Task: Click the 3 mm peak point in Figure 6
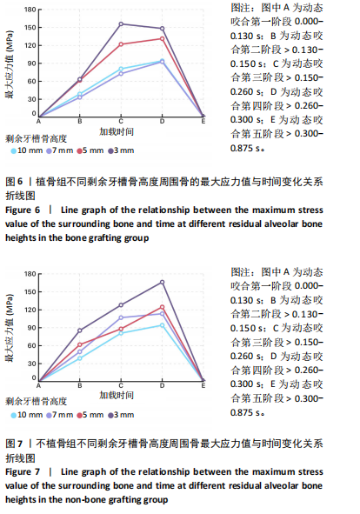pyautogui.click(x=121, y=24)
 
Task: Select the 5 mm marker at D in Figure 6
pyautogui.click(x=162, y=38)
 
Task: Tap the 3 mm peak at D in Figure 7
pyautogui.click(x=162, y=283)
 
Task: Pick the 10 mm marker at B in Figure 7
pyautogui.click(x=80, y=358)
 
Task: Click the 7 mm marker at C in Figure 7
pyautogui.click(x=121, y=317)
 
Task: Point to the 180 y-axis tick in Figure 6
pyautogui.click(x=30, y=10)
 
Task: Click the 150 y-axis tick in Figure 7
pyautogui.click(x=30, y=291)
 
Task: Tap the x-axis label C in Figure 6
pyautogui.click(x=121, y=121)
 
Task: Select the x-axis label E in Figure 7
pyautogui.click(x=203, y=385)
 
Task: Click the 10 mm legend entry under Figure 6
pyautogui.click(x=27, y=150)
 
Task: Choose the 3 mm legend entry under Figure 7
pyautogui.click(x=122, y=415)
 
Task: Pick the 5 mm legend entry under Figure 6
pyautogui.click(x=90, y=150)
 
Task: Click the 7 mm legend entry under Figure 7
pyautogui.click(x=60, y=415)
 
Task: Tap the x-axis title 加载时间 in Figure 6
pyautogui.click(x=117, y=132)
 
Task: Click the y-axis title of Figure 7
pyautogui.click(x=10, y=328)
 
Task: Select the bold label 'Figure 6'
pyautogui.click(x=23, y=210)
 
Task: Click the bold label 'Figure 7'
pyautogui.click(x=23, y=472)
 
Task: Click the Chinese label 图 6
pyautogui.click(x=15, y=182)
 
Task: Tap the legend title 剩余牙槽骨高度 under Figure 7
pyautogui.click(x=36, y=402)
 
